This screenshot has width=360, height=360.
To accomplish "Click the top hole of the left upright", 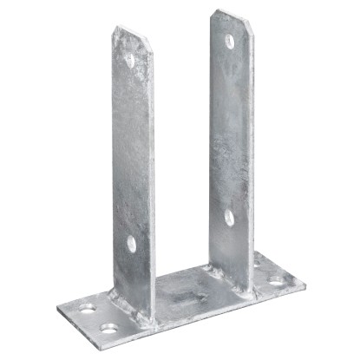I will (x=130, y=60).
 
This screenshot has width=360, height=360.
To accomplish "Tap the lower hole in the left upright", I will (x=132, y=244).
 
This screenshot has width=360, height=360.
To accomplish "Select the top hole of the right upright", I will (x=229, y=40).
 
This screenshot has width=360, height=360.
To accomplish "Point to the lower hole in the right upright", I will (x=228, y=216).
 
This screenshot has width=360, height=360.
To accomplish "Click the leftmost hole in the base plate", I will (x=87, y=309).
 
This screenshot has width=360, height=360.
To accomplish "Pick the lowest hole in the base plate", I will (x=108, y=328).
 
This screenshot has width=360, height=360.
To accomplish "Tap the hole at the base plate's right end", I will (x=275, y=280).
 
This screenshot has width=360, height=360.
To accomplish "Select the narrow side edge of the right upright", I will (x=252, y=156).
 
